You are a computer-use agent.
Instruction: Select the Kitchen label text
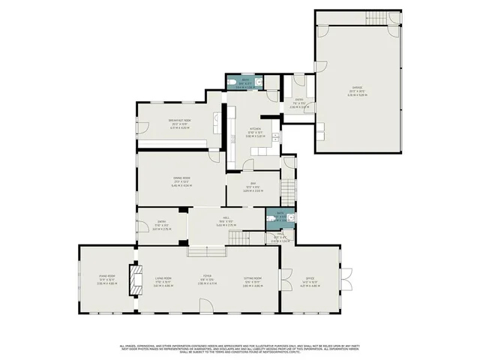tap(256, 133)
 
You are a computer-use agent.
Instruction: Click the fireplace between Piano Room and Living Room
tap(135, 280)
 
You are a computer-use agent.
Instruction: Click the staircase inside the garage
tap(375, 18)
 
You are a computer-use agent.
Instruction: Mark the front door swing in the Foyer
tap(205, 304)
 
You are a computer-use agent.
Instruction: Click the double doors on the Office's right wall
tap(346, 280)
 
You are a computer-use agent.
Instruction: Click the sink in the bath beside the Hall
tap(293, 216)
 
